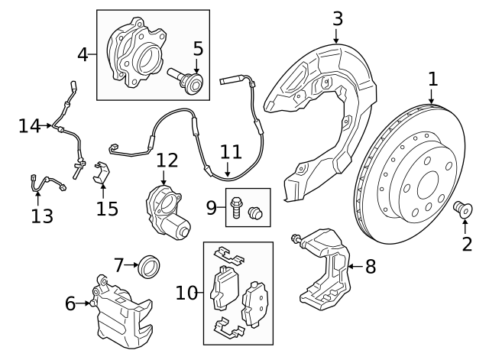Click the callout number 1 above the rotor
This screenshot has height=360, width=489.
pyautogui.click(x=432, y=79)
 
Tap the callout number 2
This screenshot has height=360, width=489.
pyautogui.click(x=466, y=244)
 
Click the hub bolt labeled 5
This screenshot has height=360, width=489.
pyautogui.click(x=189, y=79)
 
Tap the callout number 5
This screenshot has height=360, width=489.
pyautogui.click(x=198, y=49)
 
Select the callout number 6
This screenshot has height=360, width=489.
pyautogui.click(x=70, y=304)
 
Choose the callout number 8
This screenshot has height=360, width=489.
pyautogui.click(x=371, y=267)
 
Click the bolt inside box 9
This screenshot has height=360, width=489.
pyautogui.click(x=237, y=206)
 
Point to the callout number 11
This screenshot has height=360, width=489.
pyautogui.click(x=231, y=151)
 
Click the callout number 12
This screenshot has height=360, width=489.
pyautogui.click(x=167, y=161)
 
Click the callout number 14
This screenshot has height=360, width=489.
pyautogui.click(x=29, y=125)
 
